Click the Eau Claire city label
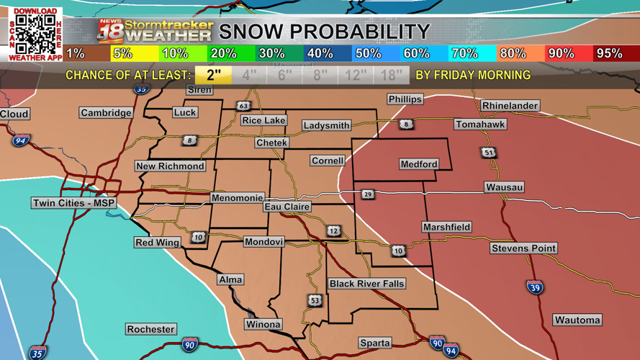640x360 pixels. click(x=287, y=207)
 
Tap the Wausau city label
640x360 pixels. click(x=504, y=187)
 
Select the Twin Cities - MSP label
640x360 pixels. click(x=74, y=203)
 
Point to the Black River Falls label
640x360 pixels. click(x=366, y=284)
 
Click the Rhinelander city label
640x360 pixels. click(x=510, y=106)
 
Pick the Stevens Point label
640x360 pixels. click(x=523, y=248)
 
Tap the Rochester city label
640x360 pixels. click(x=150, y=329)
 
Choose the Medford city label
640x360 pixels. click(x=419, y=164)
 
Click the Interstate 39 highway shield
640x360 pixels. click(x=534, y=288)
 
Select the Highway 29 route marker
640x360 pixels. click(x=368, y=194)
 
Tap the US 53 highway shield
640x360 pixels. click(x=315, y=300)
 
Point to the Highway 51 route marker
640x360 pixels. click(x=489, y=153)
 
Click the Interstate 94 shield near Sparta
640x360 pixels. click(x=451, y=351)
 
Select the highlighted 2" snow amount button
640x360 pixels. click(x=213, y=75)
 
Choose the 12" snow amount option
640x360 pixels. click(x=356, y=75)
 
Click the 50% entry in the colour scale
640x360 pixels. click(x=368, y=53)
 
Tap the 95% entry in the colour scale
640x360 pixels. click(x=609, y=53)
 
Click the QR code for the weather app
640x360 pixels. click(x=35, y=33)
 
